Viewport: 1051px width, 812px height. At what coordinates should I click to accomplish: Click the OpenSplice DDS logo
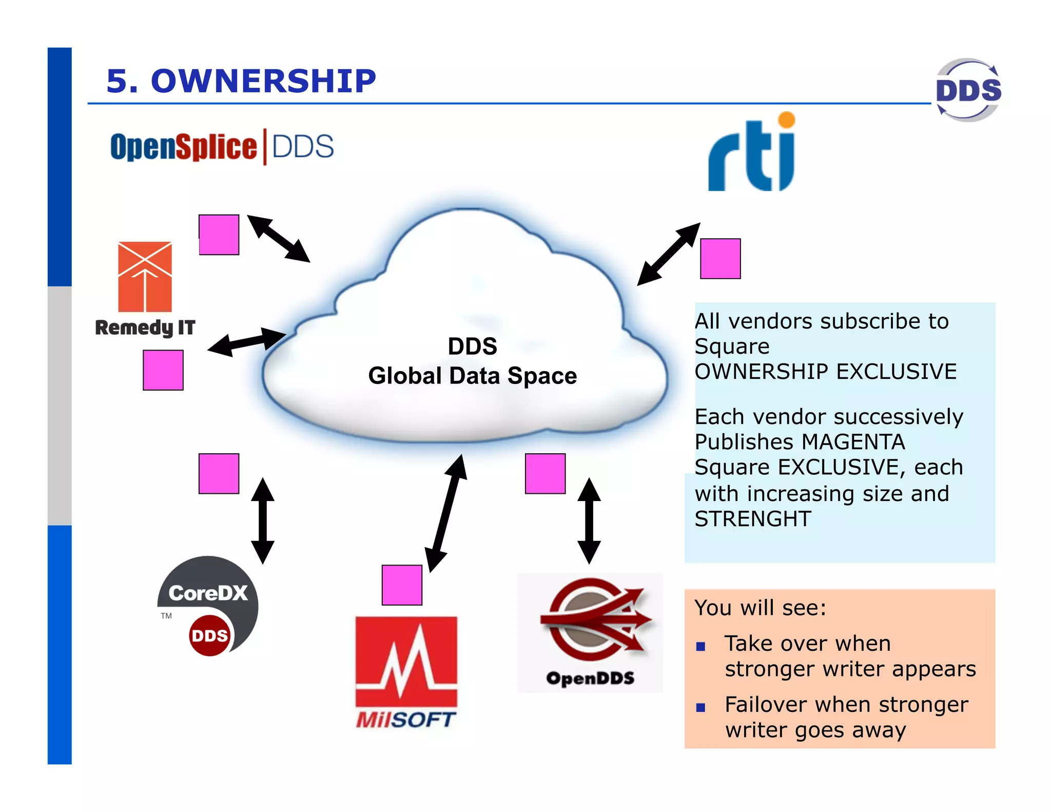coord(222,147)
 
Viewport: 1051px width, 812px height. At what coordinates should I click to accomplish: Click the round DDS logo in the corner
coord(968,90)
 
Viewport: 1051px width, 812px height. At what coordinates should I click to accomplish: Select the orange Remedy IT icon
coord(145,277)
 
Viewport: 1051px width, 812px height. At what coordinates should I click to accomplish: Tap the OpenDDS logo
coord(590,632)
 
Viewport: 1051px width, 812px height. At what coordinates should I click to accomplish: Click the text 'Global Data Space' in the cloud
coord(472,376)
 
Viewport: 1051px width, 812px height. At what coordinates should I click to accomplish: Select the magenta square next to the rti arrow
coord(720,259)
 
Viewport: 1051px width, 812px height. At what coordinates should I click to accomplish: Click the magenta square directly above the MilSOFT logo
coord(402,585)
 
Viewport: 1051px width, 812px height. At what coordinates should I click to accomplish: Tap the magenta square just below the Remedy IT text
coord(163,370)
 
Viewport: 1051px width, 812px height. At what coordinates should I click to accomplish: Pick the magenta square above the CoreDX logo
coord(219,473)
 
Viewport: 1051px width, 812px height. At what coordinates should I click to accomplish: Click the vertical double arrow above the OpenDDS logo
coord(589,520)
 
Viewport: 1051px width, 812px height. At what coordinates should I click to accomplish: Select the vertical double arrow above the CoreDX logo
coord(263,520)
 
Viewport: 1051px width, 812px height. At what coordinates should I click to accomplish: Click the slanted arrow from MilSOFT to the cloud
coord(446,513)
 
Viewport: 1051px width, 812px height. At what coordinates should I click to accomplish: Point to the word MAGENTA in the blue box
coord(853,442)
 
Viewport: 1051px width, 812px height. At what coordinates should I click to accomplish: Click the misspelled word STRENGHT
coord(752,519)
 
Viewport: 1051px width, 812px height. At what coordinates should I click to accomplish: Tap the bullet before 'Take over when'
coord(700,646)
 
